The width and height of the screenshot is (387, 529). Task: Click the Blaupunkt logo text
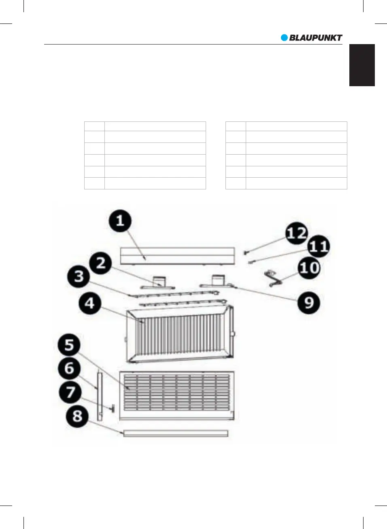coord(316,38)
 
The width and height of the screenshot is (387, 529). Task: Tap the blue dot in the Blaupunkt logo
coord(285,38)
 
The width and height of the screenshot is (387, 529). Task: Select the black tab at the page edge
coord(362,65)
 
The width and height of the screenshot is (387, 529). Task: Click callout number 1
coord(120,221)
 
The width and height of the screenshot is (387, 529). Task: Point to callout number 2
coord(101,263)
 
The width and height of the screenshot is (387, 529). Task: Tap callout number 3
coord(79,277)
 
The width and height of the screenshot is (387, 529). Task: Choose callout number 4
coord(90,304)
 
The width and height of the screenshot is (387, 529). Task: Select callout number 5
coord(69,345)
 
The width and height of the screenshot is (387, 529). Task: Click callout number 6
coord(70,368)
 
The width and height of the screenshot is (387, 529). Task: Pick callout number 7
coord(70,392)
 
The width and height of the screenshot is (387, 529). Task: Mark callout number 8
coord(77,416)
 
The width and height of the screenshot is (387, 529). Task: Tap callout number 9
coord(309,303)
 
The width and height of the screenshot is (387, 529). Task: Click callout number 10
coord(309,268)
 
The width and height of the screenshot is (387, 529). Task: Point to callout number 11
coord(319,246)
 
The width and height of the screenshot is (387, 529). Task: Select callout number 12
coord(297,233)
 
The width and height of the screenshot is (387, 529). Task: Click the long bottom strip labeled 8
coord(176,433)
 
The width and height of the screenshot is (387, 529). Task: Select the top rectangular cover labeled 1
coord(177,256)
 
